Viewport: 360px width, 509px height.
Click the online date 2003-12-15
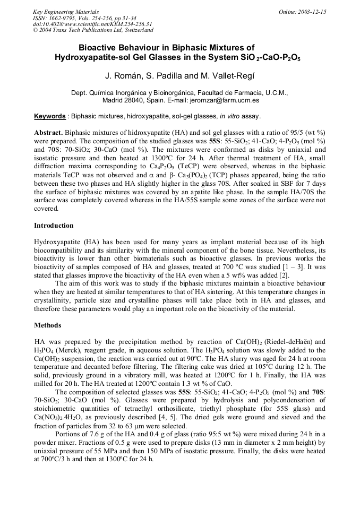coord(312,12)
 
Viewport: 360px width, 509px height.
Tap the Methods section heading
coord(48,325)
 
